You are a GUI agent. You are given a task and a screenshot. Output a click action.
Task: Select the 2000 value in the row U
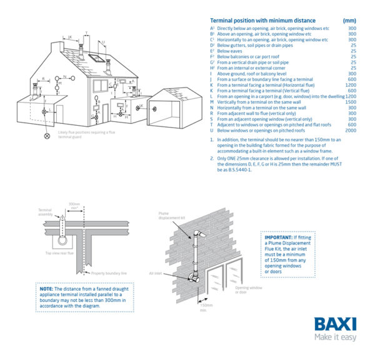point(351,130)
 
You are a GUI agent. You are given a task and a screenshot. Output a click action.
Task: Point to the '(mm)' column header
point(350,21)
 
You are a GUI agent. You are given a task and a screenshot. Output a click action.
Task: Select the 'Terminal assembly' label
point(45,212)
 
